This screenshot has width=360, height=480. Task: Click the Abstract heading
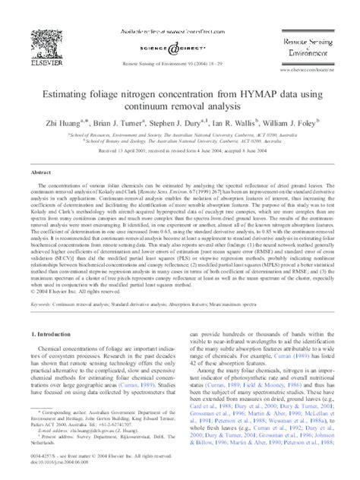[40, 172]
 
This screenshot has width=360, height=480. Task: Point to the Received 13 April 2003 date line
[179, 150]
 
